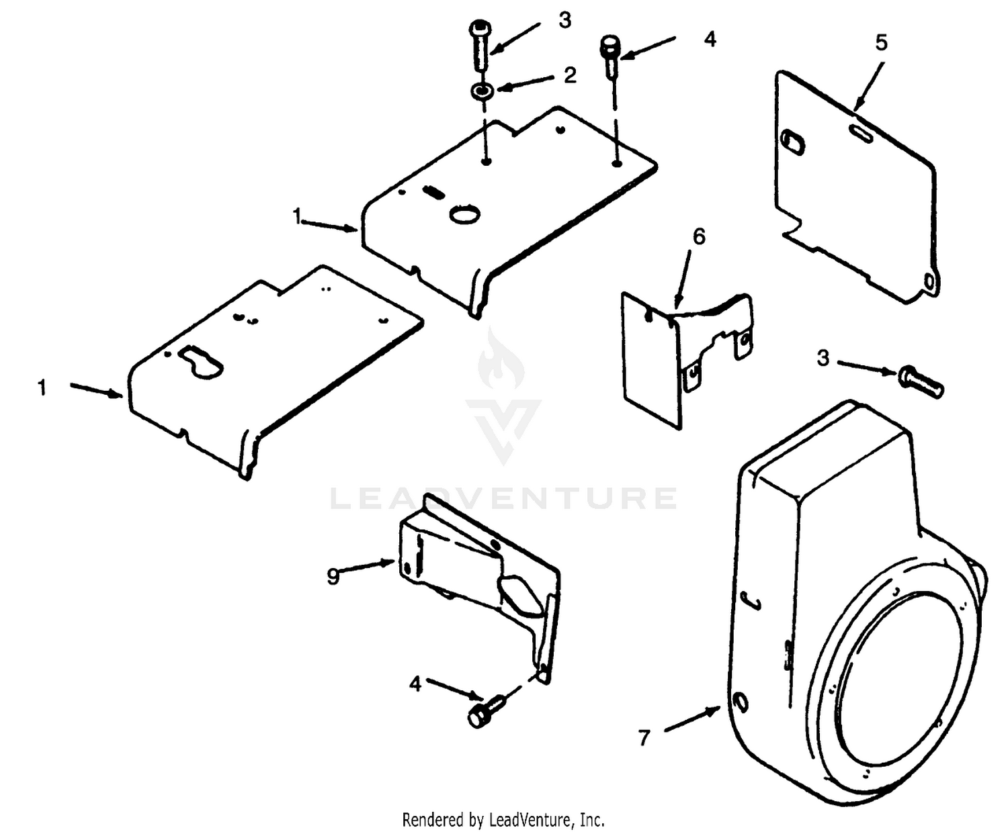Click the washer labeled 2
click(481, 91)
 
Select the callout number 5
click(882, 43)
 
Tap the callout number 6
click(699, 237)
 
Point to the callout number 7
click(644, 738)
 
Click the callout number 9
click(333, 576)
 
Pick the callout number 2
click(570, 76)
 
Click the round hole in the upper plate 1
click(464, 215)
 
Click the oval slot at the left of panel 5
click(793, 143)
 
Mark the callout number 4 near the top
click(710, 40)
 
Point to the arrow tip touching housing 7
click(720, 708)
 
